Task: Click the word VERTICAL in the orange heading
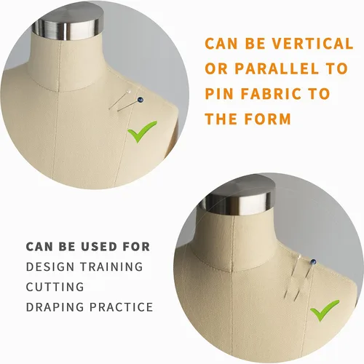pos(312,44)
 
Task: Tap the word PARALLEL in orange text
pos(277,68)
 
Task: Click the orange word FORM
pos(267,119)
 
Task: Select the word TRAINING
pos(111,266)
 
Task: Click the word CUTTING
pos(55,287)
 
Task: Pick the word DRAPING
pos(55,307)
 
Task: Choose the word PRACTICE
pos(121,307)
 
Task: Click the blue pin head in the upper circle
pos(141,99)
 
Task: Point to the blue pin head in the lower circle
pos(313,262)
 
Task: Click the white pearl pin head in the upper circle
pos(129,92)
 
